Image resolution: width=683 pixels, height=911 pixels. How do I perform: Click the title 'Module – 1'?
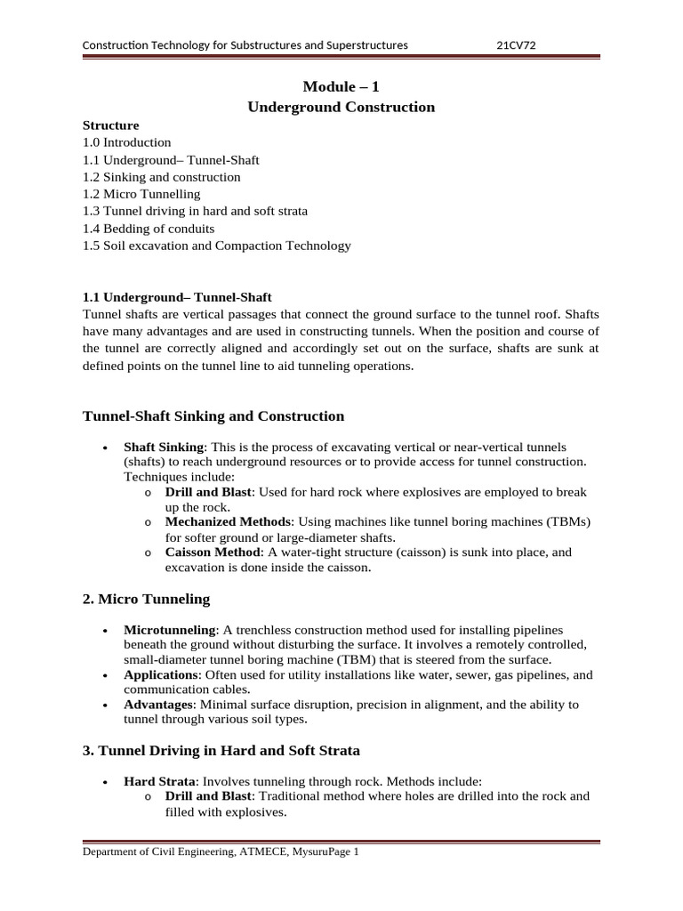341,86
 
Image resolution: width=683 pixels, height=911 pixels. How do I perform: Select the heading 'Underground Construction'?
341,107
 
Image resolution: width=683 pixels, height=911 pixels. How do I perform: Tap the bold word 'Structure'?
110,125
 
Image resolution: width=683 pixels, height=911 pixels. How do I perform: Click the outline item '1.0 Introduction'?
126,142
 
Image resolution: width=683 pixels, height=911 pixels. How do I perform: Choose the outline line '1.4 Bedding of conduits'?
149,229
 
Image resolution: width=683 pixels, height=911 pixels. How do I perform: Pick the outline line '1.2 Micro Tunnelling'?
141,194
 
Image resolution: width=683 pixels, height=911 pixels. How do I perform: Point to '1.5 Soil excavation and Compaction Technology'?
216,246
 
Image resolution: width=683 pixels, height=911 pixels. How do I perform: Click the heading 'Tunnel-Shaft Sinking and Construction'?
213,415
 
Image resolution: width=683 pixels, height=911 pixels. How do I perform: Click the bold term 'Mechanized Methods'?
228,521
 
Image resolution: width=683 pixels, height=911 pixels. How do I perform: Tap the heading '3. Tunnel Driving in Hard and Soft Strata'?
221,751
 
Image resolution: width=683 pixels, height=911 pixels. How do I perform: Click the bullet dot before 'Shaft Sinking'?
107,447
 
